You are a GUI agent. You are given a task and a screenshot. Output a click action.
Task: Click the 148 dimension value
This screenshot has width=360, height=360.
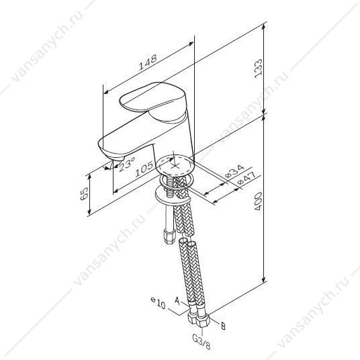tap(148, 62)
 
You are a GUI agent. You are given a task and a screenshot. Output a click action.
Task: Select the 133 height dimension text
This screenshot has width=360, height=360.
tap(259, 69)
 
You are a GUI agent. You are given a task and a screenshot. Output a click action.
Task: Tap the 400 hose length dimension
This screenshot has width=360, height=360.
tap(259, 201)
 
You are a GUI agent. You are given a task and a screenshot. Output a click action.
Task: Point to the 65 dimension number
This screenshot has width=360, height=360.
tap(84, 193)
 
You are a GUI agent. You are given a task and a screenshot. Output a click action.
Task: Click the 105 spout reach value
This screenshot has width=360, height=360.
tap(144, 169)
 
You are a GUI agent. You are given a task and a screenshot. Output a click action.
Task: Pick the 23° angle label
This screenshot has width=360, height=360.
tap(127, 165)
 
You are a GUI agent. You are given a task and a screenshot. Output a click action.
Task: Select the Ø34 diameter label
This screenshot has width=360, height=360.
tap(234, 171)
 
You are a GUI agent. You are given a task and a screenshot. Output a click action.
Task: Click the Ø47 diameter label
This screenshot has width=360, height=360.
tap(246, 178)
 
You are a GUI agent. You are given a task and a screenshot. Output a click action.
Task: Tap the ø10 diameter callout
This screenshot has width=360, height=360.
tap(158, 304)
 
